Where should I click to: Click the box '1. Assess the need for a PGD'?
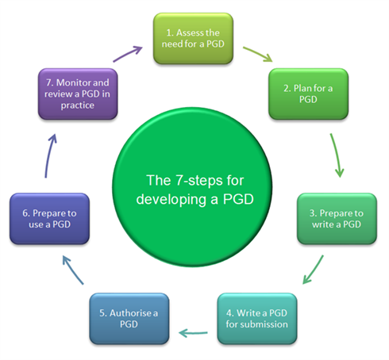(x=193, y=39)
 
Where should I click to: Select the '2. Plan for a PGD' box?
(x=308, y=94)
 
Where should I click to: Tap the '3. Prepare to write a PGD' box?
(x=337, y=219)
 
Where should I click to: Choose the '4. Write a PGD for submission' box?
(x=257, y=319)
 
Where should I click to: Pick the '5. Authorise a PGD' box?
(x=129, y=319)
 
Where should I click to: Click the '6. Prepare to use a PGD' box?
(x=49, y=219)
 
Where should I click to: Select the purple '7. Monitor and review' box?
(x=78, y=94)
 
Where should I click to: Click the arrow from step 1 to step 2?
(x=258, y=53)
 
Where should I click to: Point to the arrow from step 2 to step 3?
(x=336, y=155)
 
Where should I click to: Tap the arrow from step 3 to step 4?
(x=314, y=269)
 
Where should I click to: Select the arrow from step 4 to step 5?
(x=193, y=333)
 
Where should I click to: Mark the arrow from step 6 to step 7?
(x=49, y=156)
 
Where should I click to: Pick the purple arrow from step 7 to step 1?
(x=128, y=54)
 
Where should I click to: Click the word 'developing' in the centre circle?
(x=171, y=200)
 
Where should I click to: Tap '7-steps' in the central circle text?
(x=199, y=181)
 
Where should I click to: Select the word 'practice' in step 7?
(x=78, y=105)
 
